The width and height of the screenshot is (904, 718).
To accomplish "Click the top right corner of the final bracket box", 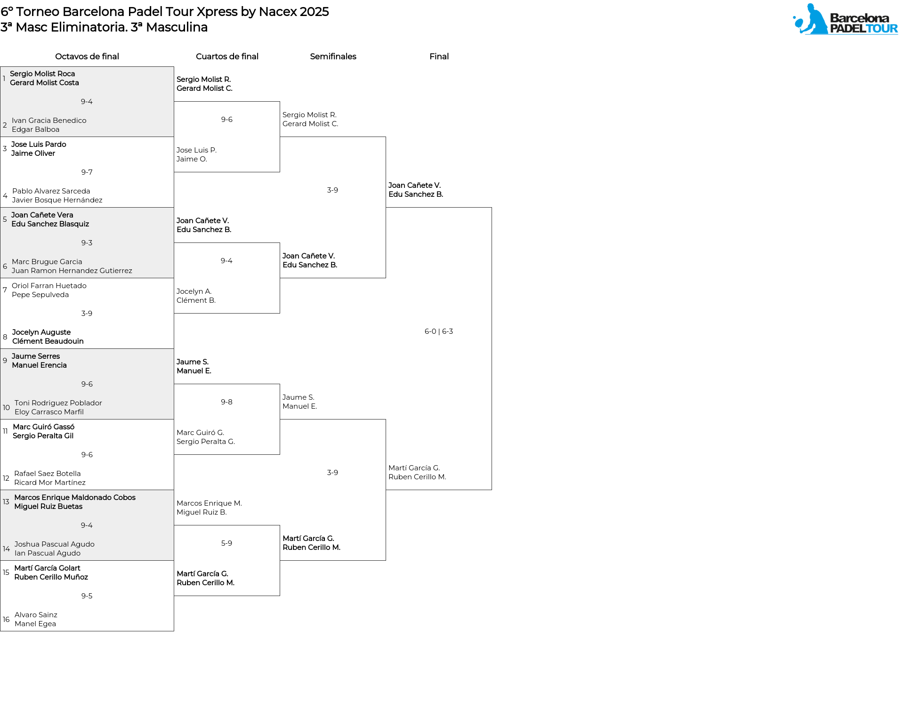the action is (x=492, y=208).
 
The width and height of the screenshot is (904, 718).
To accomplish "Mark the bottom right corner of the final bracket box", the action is (x=492, y=490).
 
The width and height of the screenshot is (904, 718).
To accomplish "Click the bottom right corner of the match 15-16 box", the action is (x=174, y=631).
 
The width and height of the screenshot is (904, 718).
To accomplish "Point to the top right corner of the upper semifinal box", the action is (x=386, y=137).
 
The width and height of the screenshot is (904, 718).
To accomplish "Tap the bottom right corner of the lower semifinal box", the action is (x=386, y=560).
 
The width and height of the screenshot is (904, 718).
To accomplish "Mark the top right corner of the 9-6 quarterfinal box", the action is (x=280, y=102).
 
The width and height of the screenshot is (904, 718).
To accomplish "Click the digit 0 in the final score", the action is (x=434, y=331).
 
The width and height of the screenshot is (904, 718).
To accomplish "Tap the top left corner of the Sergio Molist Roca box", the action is (x=0, y=67).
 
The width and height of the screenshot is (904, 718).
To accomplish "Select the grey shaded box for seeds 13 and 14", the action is (x=87, y=525).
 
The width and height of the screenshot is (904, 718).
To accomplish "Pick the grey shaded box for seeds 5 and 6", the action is (x=87, y=242).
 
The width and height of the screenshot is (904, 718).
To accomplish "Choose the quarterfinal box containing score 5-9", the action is (x=227, y=560).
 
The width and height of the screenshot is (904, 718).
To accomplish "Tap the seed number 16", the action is (x=6, y=620).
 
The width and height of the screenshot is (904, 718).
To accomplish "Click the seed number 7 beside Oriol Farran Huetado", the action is (x=5, y=290).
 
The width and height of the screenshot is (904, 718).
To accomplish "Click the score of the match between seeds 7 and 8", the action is (x=87, y=314).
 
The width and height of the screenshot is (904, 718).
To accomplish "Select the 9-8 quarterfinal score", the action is (x=226, y=402).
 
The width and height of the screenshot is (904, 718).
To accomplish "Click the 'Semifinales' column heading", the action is (x=333, y=56).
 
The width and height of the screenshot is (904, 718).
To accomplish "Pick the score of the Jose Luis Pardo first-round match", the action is (x=87, y=172).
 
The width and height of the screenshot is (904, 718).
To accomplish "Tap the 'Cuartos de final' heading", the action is (x=227, y=56).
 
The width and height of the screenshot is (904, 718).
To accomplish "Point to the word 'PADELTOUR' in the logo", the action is (x=864, y=28).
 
